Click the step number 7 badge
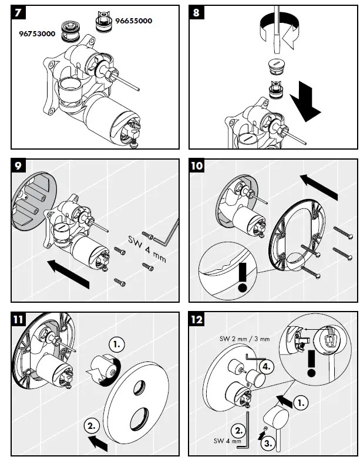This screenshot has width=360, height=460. pyautogui.click(x=18, y=13)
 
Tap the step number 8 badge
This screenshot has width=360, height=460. pyautogui.click(x=196, y=13)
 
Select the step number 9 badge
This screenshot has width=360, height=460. pyautogui.click(x=18, y=165)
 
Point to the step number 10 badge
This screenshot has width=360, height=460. pyautogui.click(x=196, y=165)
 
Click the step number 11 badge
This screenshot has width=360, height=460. pyautogui.click(x=18, y=319)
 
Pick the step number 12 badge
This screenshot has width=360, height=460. pyautogui.click(x=196, y=319)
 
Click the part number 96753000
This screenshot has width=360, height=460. pyautogui.click(x=37, y=34)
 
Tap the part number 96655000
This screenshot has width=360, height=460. pyautogui.click(x=134, y=21)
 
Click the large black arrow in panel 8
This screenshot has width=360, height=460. pyautogui.click(x=305, y=101)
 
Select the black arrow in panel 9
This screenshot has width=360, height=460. pyautogui.click(x=68, y=273)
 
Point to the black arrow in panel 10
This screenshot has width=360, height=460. pyautogui.click(x=319, y=187)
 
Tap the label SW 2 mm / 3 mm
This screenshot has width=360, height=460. pyautogui.click(x=244, y=339)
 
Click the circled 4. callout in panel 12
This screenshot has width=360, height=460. pyautogui.click(x=267, y=367)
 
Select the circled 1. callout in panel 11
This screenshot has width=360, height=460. pyautogui.click(x=116, y=344)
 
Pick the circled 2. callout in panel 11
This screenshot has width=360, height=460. pyautogui.click(x=92, y=426)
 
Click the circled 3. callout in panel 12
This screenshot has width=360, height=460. pyautogui.click(x=268, y=442)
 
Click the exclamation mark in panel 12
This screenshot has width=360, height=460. pyautogui.click(x=311, y=363)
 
